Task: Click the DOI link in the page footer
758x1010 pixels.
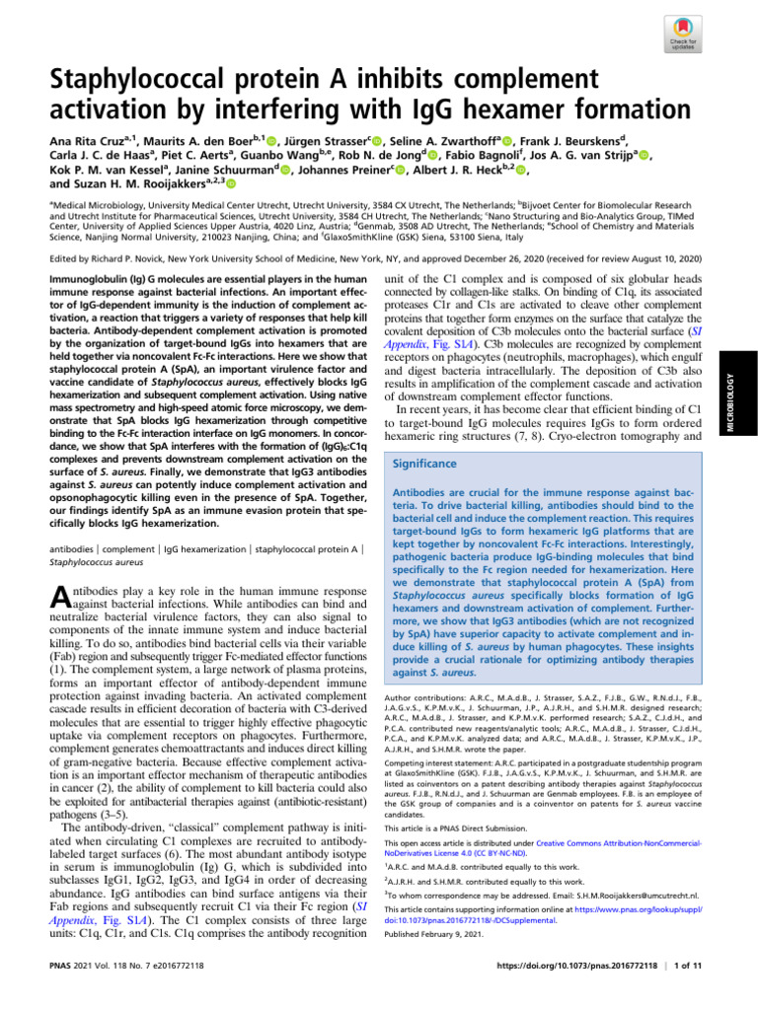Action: click(595, 994)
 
